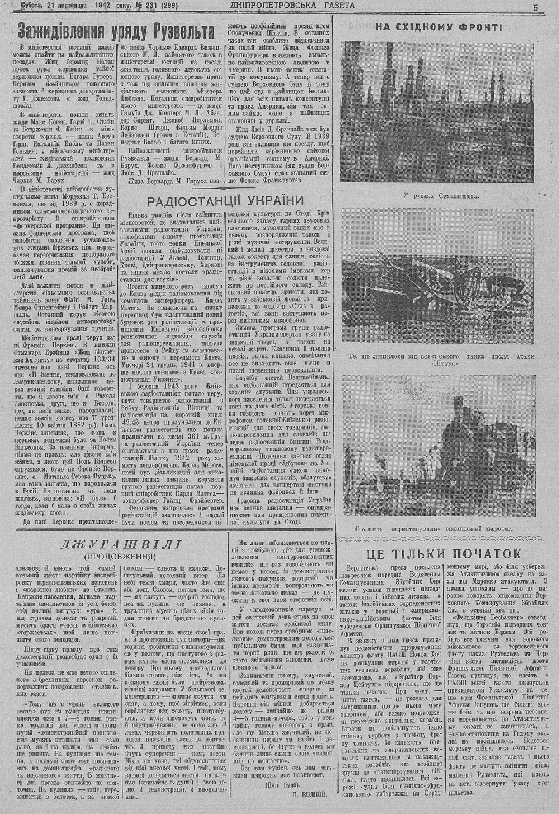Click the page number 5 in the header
tap(535, 7)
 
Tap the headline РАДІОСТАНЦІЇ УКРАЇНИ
tap(225, 201)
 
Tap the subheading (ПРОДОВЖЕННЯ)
tap(120, 557)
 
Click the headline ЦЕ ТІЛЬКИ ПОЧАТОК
tap(444, 553)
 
